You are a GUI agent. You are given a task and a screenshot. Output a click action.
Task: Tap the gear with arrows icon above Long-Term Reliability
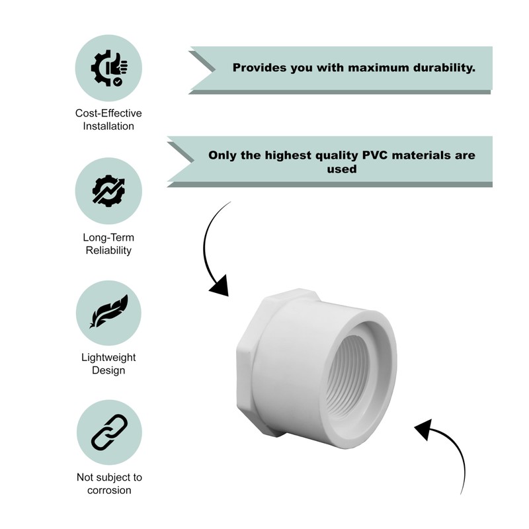click(108, 190)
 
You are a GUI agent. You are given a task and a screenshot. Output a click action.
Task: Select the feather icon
click(108, 311)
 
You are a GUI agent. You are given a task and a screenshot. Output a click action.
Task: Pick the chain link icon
click(108, 432)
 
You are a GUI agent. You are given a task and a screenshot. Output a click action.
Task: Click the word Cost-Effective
click(108, 113)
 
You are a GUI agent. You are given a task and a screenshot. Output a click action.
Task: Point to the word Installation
click(108, 126)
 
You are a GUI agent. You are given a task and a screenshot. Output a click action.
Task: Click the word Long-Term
click(108, 237)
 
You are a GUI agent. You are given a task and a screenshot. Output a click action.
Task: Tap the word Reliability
click(108, 250)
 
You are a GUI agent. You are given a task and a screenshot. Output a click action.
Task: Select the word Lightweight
click(108, 357)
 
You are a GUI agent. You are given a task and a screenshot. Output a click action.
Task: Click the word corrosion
click(108, 490)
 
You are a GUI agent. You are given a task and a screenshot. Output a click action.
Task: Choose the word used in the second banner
click(342, 169)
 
